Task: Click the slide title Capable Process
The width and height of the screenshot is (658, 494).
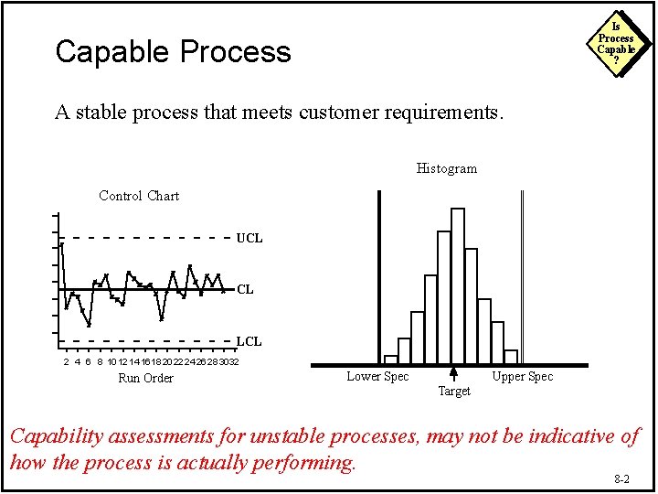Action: click(173, 51)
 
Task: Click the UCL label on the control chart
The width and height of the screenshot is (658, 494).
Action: click(249, 238)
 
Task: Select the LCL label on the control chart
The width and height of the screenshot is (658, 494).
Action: click(249, 341)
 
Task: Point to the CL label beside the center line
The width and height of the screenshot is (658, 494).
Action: click(245, 290)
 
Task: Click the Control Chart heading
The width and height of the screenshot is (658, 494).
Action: click(139, 196)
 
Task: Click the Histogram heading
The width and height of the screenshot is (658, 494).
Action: click(446, 168)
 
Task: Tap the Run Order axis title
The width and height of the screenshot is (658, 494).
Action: click(145, 378)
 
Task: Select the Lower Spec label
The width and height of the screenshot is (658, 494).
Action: click(377, 376)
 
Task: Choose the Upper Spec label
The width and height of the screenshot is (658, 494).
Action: click(522, 376)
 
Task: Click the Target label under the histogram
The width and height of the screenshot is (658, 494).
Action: click(454, 392)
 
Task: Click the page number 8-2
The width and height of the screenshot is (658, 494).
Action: click(621, 478)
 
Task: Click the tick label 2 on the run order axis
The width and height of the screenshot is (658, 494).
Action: click(66, 362)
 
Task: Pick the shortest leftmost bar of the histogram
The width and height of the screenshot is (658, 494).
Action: click(391, 360)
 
